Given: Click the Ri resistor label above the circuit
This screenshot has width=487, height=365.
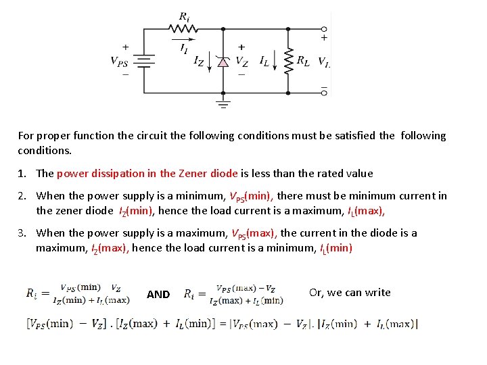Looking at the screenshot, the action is (x=184, y=16).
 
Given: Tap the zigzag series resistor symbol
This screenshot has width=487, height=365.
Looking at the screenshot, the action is (x=183, y=29).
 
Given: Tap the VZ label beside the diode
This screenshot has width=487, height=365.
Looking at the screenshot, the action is (x=241, y=61).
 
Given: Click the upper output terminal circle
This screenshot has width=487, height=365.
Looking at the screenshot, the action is (x=325, y=29).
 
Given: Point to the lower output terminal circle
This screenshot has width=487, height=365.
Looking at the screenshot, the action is (x=325, y=92).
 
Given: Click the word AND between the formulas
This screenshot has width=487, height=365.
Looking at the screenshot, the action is (x=158, y=294).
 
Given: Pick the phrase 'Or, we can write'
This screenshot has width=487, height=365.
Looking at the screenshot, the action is (x=350, y=292).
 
